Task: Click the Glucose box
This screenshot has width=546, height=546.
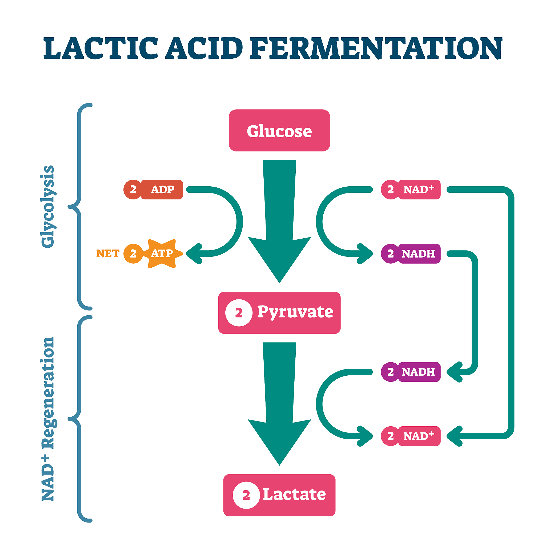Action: (279, 131)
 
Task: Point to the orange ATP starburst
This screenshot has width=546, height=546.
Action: (162, 254)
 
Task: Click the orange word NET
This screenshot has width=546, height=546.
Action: (108, 254)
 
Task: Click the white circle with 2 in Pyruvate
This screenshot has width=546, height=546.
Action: (239, 313)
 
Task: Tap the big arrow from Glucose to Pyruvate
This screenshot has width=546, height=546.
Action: (279, 220)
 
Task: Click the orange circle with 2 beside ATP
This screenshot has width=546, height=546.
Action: (133, 254)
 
